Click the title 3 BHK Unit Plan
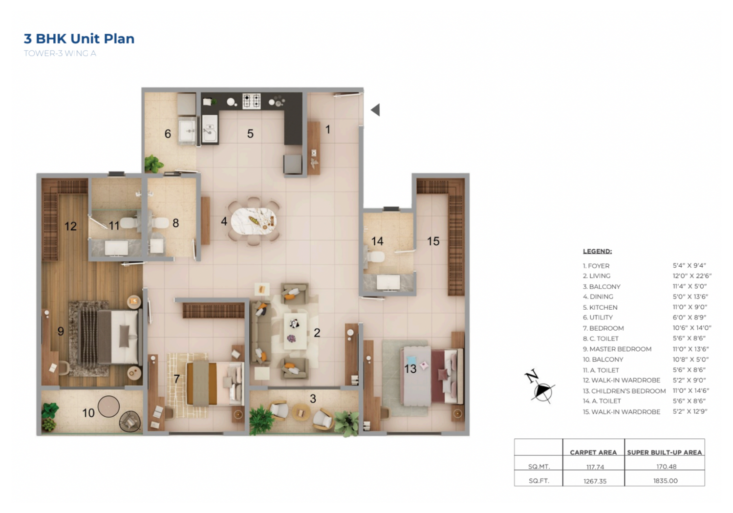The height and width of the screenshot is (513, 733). pos(79,39)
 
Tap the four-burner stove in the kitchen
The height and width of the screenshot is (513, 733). pos(251,101)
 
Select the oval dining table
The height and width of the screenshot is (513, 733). pos(253,221)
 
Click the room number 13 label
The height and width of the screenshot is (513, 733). pos(410,369)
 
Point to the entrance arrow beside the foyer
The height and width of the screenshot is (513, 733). pos(375,109)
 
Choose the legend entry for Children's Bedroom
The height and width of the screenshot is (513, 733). pos(624,391)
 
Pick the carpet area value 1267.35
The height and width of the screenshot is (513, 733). pos(595,481)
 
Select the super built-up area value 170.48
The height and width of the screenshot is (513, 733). pos(666,467)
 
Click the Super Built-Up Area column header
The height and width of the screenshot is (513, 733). pos(664,452)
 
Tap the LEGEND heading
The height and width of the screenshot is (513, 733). pos(597,251)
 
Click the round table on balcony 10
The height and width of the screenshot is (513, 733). pos(108,406)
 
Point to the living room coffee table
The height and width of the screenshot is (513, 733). pos(295,331)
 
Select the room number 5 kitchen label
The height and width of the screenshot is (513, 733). pos(250,133)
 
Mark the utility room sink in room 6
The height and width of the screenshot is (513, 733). pos(187,131)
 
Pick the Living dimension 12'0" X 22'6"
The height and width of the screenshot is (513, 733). pos(692,276)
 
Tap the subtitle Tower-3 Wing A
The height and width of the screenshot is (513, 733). pos(60,53)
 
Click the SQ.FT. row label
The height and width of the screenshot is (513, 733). pos(539,481)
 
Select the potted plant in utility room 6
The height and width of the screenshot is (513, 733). pos(153,164)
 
